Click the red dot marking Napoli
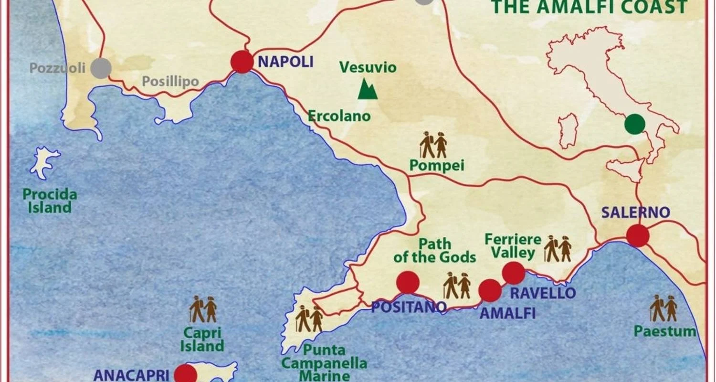coord(242,62)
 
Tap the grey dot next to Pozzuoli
coord(101,68)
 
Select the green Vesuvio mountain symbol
coord(368,89)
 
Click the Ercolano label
coord(339,116)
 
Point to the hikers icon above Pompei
coord(433,145)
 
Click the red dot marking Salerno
coord(638,236)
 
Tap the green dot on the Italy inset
coord(634,124)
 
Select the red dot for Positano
coord(408,282)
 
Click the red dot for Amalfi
coord(490,291)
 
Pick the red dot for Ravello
coord(514,273)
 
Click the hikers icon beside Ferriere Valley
coord(558,249)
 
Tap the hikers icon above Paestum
coord(663,308)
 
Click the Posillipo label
coord(170,82)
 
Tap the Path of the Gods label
coord(434,250)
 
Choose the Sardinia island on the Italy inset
coord(569,131)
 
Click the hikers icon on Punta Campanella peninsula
coord(309,319)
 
